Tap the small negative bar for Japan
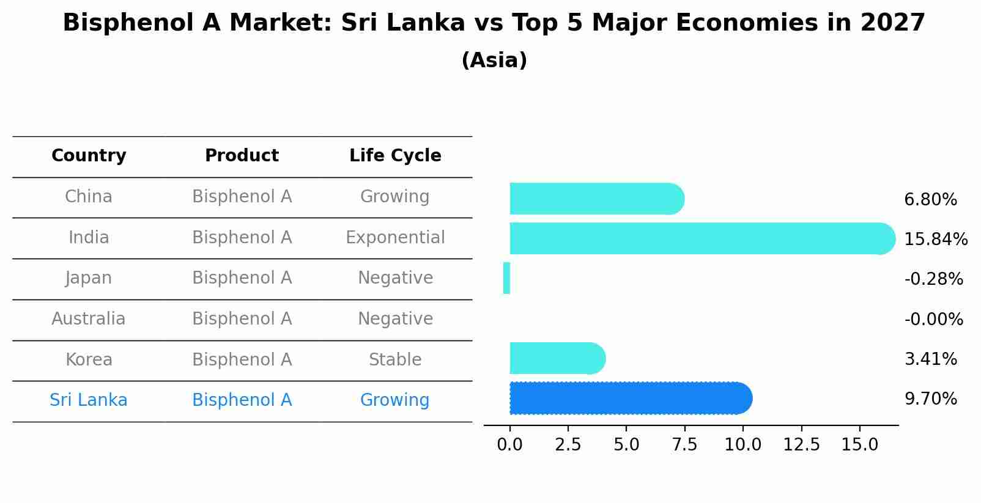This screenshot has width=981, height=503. point(506,278)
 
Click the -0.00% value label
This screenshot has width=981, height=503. point(933,319)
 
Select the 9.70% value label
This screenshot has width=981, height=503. point(930,399)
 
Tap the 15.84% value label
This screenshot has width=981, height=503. point(935,239)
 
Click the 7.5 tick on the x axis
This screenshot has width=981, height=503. point(684,444)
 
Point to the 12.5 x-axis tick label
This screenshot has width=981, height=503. point(801,444)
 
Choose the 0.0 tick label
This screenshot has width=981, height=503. point(509,444)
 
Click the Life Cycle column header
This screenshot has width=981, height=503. point(395,156)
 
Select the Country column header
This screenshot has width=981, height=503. point(89,156)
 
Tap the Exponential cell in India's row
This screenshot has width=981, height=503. point(395,237)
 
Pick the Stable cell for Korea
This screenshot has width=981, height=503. point(395,359)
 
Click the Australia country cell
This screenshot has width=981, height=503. point(89,318)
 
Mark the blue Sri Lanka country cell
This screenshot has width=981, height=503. point(89,400)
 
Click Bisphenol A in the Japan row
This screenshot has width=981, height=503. point(242,278)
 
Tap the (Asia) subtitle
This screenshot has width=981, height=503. point(494,61)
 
